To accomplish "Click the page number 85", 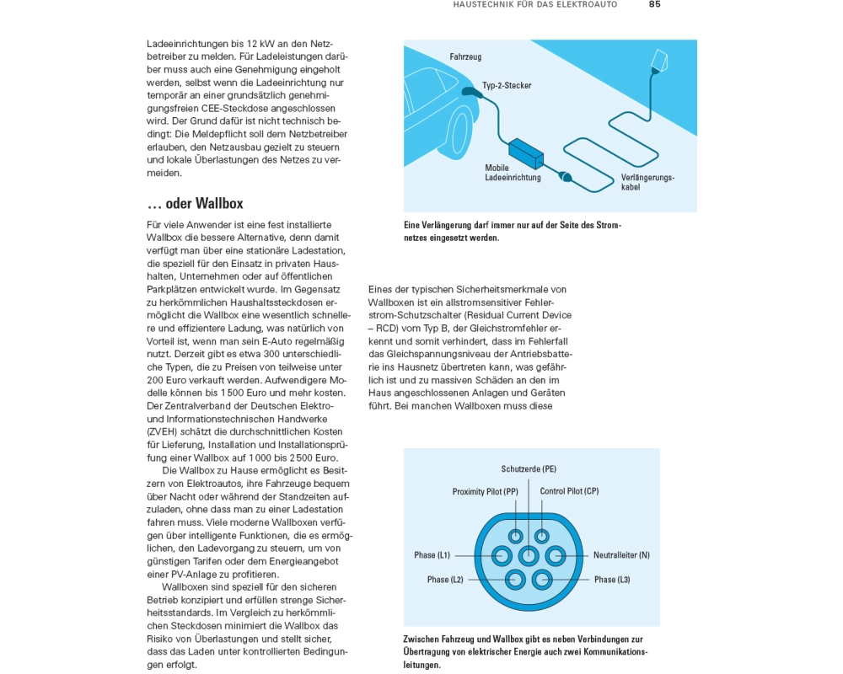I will [654, 4].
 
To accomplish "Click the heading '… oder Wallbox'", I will [195, 204].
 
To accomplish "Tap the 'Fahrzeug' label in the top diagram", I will [465, 57].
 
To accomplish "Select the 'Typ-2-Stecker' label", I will [507, 86].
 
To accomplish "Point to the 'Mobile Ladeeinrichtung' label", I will [513, 173].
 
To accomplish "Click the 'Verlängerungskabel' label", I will [647, 182].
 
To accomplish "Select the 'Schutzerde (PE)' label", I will [529, 469].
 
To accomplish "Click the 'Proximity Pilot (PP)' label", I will [485, 492].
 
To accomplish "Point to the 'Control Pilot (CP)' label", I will [569, 491].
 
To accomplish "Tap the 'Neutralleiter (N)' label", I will [621, 555].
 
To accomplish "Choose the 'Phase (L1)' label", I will [432, 555].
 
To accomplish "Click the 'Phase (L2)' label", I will [445, 580].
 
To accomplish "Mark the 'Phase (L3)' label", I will [612, 580].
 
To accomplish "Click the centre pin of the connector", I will [529, 555].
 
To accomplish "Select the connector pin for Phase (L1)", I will [502, 555].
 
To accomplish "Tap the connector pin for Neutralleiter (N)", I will [556, 555].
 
